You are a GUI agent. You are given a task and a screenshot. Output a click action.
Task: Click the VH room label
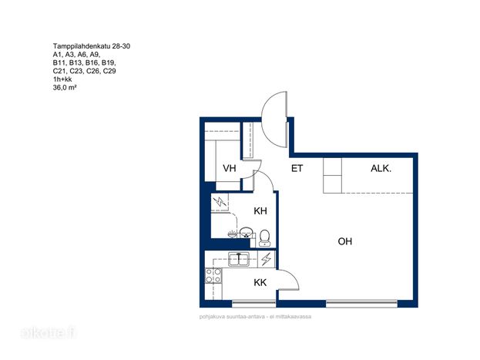click(230, 168)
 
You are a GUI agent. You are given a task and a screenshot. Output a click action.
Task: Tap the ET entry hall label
click(297, 168)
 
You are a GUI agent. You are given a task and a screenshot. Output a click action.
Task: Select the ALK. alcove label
click(381, 168)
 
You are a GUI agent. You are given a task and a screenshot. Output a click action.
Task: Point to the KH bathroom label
click(260, 210)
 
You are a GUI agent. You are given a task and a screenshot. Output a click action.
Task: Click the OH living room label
click(345, 241)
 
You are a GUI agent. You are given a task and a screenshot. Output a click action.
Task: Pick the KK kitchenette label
click(260, 282)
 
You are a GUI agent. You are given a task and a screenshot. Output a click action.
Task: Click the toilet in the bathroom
click(264, 238)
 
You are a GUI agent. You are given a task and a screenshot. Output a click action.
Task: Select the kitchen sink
click(239, 259)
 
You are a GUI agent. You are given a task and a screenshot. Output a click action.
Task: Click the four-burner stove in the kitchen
click(213, 275)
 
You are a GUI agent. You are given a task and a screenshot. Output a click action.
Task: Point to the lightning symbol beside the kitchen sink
click(267, 259)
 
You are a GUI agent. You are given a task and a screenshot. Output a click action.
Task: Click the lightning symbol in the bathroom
click(220, 202)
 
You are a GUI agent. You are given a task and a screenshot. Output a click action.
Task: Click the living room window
click(361, 304)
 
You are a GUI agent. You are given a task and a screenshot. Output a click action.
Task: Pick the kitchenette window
click(253, 304)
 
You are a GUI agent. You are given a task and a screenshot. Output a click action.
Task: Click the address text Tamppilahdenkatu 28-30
click(92, 46)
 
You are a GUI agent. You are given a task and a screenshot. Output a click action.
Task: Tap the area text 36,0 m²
click(65, 88)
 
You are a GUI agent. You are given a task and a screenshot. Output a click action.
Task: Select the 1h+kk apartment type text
click(62, 79)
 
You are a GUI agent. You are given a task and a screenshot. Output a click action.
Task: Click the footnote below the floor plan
click(255, 317)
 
